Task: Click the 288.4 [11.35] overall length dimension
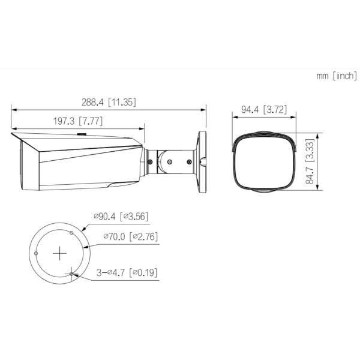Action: coord(109,102)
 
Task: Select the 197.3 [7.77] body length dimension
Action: coord(78,121)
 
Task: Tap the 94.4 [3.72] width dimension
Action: coord(264,110)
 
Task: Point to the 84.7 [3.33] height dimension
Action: coord(310,161)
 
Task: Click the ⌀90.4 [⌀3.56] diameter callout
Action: coord(121,216)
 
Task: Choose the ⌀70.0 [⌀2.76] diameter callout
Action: coord(131,236)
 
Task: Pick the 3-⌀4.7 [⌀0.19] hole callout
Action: coord(127,273)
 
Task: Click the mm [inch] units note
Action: coord(337,76)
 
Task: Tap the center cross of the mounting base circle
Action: coord(59,253)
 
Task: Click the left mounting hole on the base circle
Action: coord(36,253)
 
